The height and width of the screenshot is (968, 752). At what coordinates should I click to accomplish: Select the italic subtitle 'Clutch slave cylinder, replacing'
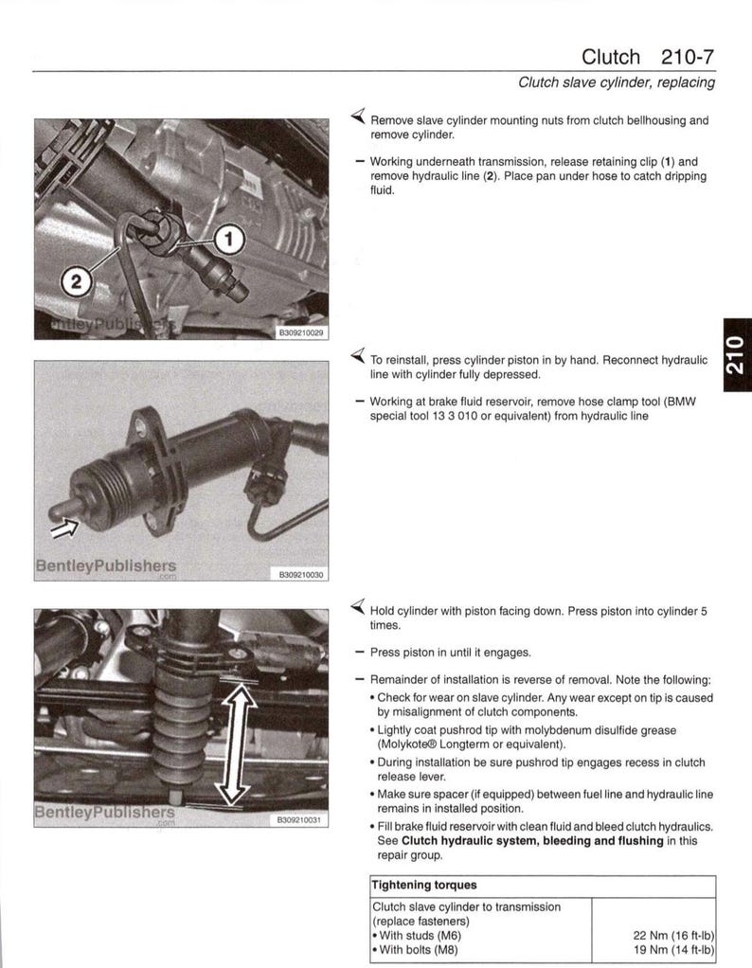(616, 82)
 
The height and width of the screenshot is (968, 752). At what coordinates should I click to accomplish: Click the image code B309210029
(300, 333)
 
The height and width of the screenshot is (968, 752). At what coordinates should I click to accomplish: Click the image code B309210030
(300, 574)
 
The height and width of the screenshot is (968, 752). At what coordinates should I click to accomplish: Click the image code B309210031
(300, 820)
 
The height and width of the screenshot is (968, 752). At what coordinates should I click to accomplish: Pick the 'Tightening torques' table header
(424, 886)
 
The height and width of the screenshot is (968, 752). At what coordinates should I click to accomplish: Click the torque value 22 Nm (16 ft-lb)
(672, 936)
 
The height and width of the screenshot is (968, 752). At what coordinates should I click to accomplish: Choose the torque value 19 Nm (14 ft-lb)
(672, 950)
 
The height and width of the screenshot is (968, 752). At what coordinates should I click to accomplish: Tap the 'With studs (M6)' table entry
(419, 936)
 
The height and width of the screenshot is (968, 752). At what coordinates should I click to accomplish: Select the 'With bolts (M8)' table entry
(419, 950)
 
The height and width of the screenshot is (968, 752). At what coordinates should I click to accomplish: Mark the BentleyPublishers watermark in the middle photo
(104, 566)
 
